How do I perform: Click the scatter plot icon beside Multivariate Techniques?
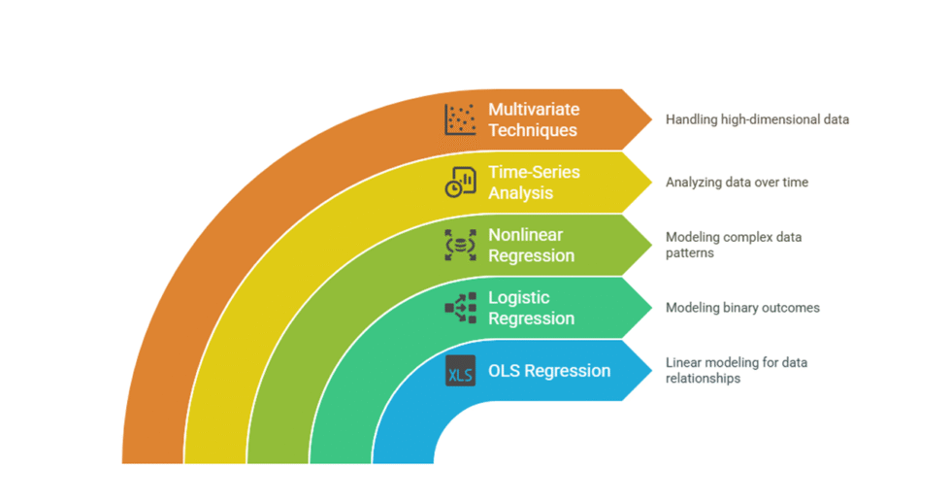460,119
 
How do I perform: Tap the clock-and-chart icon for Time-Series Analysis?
460,182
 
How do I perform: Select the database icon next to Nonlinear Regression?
460,245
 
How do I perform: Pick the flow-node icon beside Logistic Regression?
460,307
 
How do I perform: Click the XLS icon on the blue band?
460,371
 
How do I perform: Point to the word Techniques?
533,130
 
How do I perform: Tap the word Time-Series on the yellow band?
534,172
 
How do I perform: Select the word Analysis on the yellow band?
520,193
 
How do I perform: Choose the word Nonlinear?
525,235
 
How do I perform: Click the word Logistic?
518,297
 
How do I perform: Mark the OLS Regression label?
549,371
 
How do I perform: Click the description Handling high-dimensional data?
757,119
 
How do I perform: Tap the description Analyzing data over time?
737,182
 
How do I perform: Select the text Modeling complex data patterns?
734,245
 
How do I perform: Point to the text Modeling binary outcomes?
742,308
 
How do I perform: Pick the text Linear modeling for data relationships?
736,370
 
